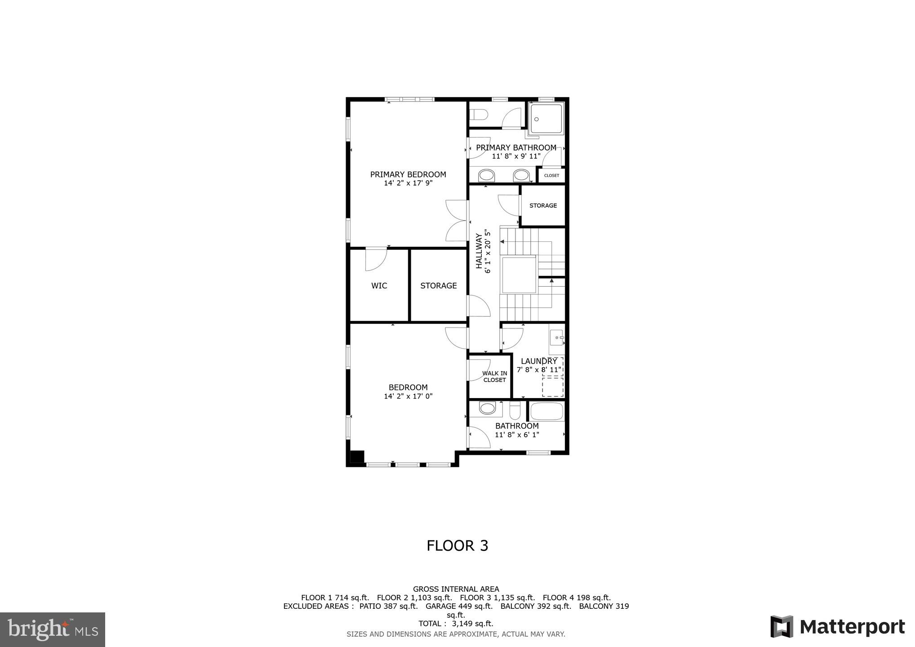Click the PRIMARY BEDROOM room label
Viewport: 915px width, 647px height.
[x=408, y=174]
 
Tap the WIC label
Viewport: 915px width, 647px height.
[x=379, y=286]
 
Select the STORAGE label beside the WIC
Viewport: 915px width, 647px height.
[x=438, y=286]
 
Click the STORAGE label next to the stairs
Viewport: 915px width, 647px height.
[x=543, y=205]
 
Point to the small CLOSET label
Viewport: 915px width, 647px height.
[x=551, y=176]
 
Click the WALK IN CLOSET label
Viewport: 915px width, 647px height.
[x=494, y=377]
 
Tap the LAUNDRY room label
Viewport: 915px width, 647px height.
[x=538, y=361]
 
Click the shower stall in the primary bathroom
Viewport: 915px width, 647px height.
[x=546, y=119]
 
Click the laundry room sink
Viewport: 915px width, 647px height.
[x=556, y=337]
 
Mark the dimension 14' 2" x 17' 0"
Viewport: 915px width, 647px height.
[x=408, y=396]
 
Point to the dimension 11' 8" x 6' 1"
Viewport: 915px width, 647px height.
[x=517, y=435]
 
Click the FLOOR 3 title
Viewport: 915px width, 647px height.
[x=457, y=545]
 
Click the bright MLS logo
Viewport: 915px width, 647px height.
[x=53, y=629]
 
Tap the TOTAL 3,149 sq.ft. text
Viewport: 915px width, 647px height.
[x=456, y=624]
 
